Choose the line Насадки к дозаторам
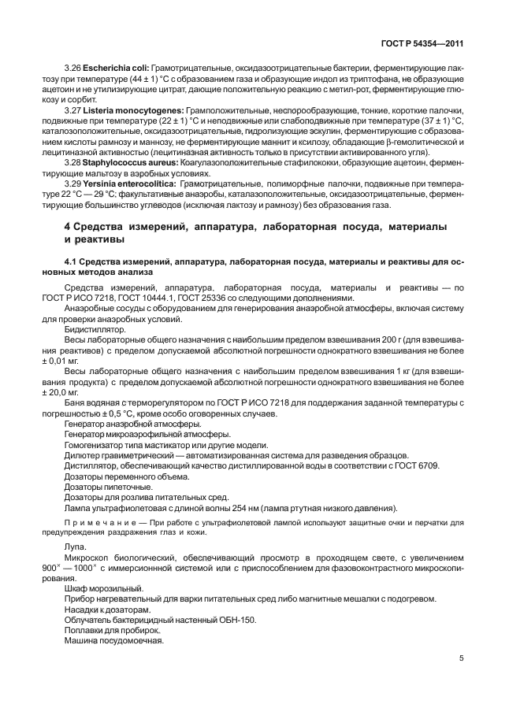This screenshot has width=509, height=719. pyautogui.click(x=102, y=609)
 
